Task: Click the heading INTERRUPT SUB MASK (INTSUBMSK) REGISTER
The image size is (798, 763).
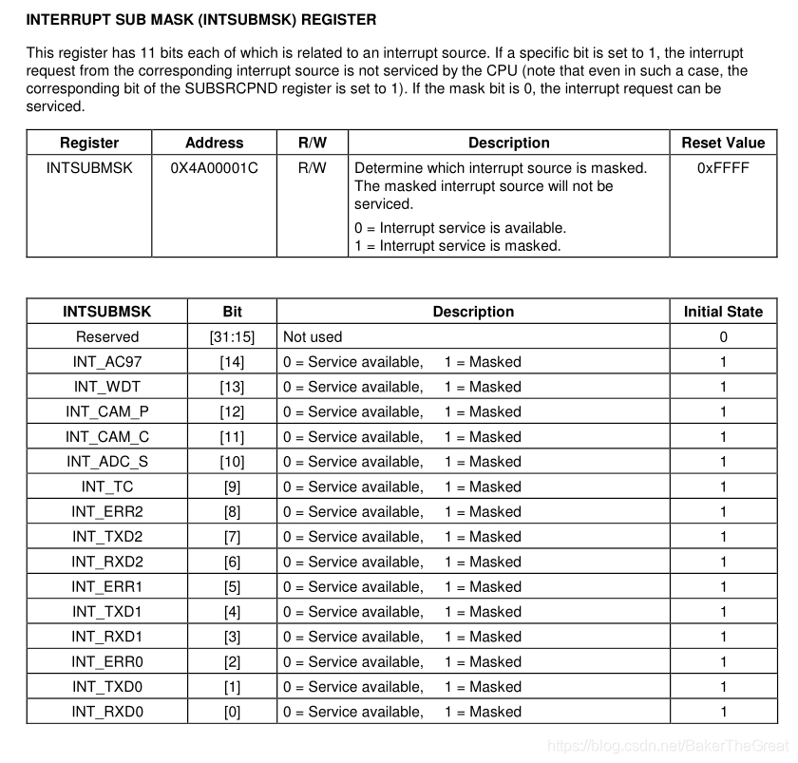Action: click(x=200, y=19)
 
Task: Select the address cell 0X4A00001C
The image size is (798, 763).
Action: click(x=214, y=168)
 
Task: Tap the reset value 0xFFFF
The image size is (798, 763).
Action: click(x=722, y=168)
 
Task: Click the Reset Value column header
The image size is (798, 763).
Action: click(x=722, y=143)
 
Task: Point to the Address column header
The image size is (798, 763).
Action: click(x=214, y=143)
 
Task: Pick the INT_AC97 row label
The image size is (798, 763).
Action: click(x=106, y=362)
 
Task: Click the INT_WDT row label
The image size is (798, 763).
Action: click(x=106, y=387)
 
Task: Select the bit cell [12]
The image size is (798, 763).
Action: click(x=232, y=412)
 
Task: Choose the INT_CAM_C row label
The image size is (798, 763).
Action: click(x=106, y=437)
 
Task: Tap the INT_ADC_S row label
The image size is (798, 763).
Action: click(x=106, y=462)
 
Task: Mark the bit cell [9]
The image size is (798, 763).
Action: click(x=232, y=487)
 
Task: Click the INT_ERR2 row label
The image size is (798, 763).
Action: click(x=106, y=512)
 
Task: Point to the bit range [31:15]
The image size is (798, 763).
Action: click(x=232, y=337)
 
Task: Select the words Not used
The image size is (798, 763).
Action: click(x=313, y=337)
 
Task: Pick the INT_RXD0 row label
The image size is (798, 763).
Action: click(x=106, y=712)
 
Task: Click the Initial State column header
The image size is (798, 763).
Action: click(x=722, y=312)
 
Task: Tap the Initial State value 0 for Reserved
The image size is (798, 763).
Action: click(x=723, y=337)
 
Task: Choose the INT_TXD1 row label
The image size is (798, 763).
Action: click(x=106, y=612)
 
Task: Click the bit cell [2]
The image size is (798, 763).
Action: click(x=232, y=662)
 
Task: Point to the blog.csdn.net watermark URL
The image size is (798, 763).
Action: click(x=669, y=746)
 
